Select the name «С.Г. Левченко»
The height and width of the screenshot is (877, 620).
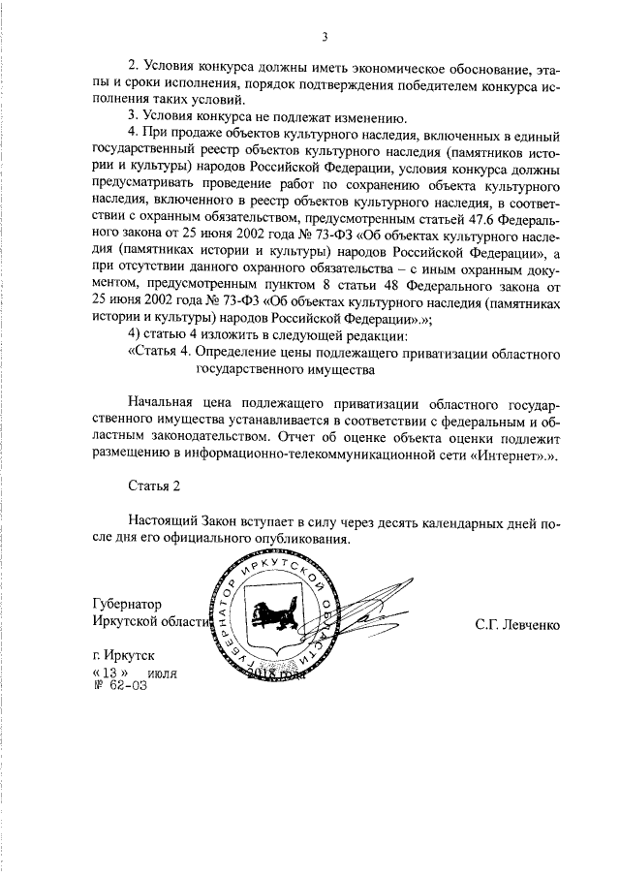point(517,624)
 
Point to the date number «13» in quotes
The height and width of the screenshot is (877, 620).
point(108,673)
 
